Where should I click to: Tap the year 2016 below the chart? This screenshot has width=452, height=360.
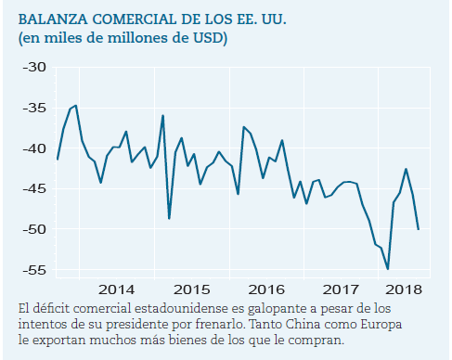click(x=266, y=289)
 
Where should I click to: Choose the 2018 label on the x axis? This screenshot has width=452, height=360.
click(x=404, y=289)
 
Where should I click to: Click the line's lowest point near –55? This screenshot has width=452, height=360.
click(x=388, y=269)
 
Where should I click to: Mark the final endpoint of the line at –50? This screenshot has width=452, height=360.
click(x=419, y=229)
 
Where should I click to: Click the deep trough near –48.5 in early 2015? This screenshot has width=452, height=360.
click(x=169, y=218)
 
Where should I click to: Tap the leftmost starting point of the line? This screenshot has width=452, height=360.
click(x=58, y=160)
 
